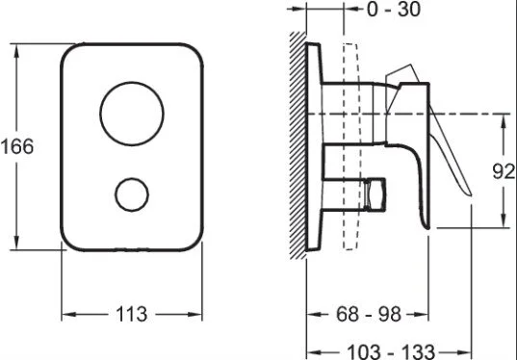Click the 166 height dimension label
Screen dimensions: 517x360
17,146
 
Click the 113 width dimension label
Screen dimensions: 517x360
131,314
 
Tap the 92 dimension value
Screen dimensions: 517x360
504,171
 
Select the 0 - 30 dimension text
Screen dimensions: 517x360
394,9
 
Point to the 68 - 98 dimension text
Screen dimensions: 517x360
369,314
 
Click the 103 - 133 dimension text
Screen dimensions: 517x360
391,351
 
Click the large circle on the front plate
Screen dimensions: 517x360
100,114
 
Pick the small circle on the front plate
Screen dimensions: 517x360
116,194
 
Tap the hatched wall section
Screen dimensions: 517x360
297,145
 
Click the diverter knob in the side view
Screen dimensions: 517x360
375,194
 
